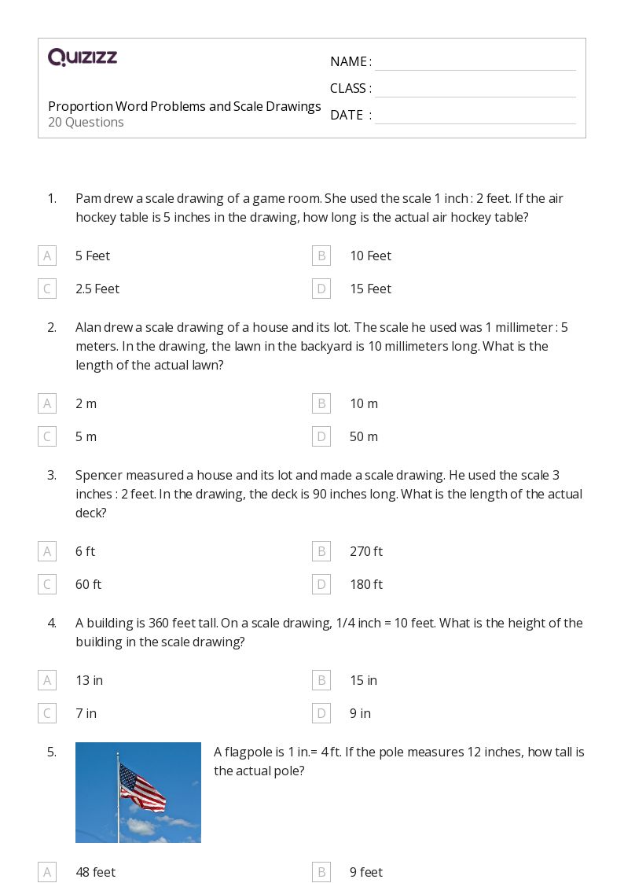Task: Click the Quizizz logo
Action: pyautogui.click(x=83, y=57)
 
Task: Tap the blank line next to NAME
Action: pyautogui.click(x=475, y=63)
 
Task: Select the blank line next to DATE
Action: pyautogui.click(x=475, y=116)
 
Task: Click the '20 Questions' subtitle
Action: pyautogui.click(x=86, y=122)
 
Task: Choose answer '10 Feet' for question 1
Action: pyautogui.click(x=370, y=256)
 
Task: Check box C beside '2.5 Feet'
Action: pyautogui.click(x=47, y=289)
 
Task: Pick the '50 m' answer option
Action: pyautogui.click(x=363, y=436)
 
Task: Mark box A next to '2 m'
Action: pyautogui.click(x=47, y=403)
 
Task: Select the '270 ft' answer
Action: pyautogui.click(x=365, y=551)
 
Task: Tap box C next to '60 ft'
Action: pyautogui.click(x=47, y=584)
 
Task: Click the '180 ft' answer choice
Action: pyautogui.click(x=365, y=584)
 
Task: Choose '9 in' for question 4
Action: pyautogui.click(x=360, y=713)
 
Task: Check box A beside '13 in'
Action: pyautogui.click(x=47, y=680)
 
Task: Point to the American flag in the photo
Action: pyautogui.click(x=142, y=787)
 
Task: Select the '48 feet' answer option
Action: pyautogui.click(x=95, y=872)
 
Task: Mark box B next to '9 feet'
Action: pyautogui.click(x=321, y=872)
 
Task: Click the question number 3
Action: pyautogui.click(x=51, y=475)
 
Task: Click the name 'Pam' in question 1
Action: pyautogui.click(x=87, y=198)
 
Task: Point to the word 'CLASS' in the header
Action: pyautogui.click(x=348, y=88)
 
